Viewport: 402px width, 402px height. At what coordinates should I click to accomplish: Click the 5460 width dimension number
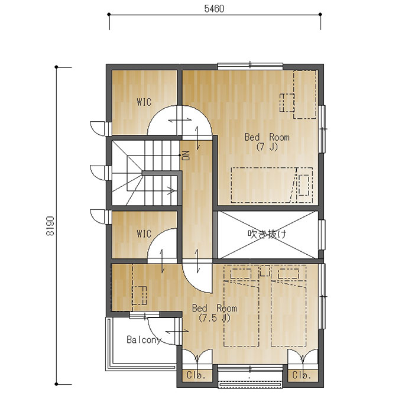(x=214, y=9)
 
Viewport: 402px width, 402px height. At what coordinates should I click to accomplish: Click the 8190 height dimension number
(x=50, y=226)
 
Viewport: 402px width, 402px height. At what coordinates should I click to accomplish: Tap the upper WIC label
(x=144, y=102)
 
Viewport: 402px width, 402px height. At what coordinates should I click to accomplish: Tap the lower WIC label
(x=144, y=234)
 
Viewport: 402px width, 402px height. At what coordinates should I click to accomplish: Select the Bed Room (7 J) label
(x=267, y=142)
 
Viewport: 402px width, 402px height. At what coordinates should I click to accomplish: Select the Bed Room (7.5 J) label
(x=215, y=313)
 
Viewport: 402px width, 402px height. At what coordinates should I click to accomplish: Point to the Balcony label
(x=144, y=340)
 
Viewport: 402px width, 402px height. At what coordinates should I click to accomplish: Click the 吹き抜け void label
(x=267, y=234)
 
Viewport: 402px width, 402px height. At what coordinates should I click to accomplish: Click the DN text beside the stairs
(x=186, y=155)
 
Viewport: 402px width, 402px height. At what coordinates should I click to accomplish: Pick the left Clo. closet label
(x=196, y=375)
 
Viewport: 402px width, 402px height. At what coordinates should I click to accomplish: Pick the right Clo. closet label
(x=301, y=375)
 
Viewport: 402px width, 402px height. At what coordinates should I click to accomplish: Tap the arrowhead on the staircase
(x=171, y=190)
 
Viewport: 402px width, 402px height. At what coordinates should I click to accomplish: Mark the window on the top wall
(x=250, y=66)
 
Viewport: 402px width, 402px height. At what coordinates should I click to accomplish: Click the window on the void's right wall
(x=322, y=235)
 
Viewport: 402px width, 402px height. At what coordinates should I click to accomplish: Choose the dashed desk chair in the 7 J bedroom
(x=287, y=103)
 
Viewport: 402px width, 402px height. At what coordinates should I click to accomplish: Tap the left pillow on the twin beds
(x=241, y=274)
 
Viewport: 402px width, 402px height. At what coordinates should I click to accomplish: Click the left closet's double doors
(x=197, y=356)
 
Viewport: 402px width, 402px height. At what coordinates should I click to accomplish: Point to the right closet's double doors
(x=303, y=356)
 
